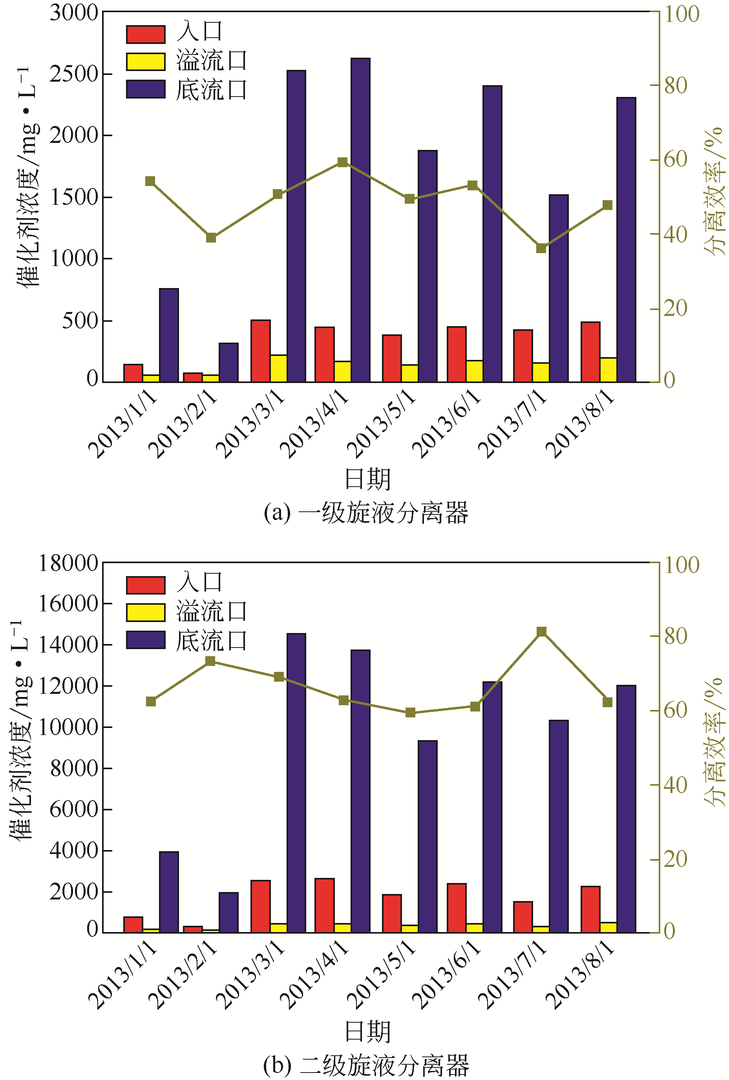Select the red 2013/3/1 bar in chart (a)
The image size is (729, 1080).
tap(260, 351)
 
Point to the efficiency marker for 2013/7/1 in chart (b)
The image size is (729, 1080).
tap(542, 631)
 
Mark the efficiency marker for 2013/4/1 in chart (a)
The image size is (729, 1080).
tap(343, 162)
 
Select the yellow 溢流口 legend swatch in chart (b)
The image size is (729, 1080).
tap(146, 613)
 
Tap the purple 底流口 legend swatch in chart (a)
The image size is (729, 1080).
tap(146, 89)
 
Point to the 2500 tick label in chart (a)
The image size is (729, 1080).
tap(74, 74)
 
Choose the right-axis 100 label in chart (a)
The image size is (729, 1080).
tap(681, 14)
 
